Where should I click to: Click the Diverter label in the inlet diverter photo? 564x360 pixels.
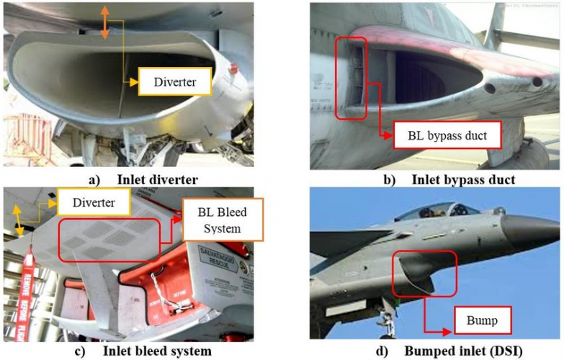pos(175,81)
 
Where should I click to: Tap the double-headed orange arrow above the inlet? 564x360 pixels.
pos(105,22)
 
